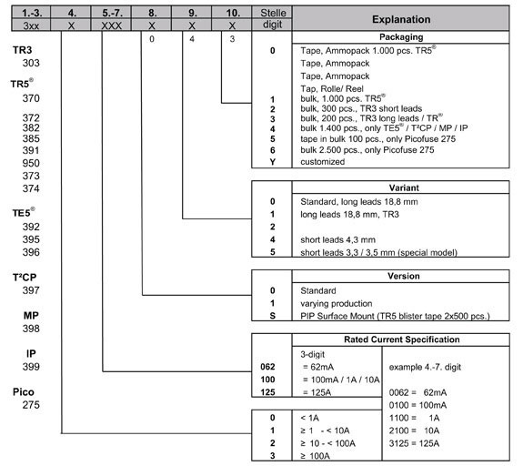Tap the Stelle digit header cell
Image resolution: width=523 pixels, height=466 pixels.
tap(273, 18)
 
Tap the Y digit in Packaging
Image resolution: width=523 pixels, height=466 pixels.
tap(272, 161)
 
